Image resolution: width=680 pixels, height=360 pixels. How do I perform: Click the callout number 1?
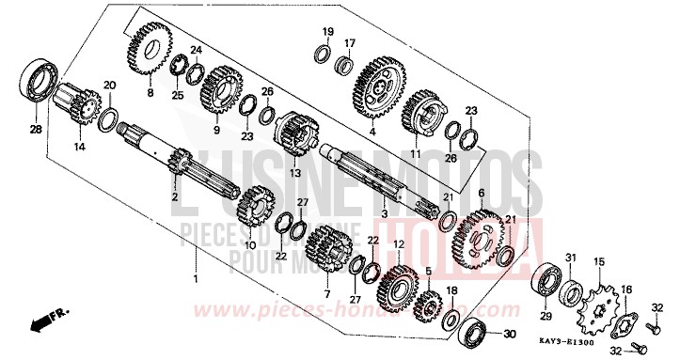(196, 280)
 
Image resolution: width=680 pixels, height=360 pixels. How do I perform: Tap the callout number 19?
(328, 31)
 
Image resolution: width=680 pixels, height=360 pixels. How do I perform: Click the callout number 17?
(349, 43)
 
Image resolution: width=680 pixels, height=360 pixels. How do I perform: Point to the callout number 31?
(570, 258)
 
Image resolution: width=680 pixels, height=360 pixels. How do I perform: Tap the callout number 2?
(174, 196)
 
